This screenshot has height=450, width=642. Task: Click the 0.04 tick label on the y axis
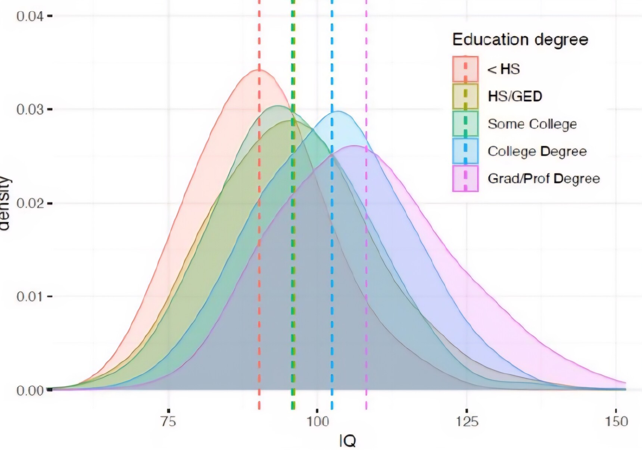click(x=30, y=16)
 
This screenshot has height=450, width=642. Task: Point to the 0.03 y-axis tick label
click(x=30, y=110)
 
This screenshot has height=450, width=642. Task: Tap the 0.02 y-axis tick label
click(x=30, y=203)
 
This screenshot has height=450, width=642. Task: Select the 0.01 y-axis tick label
click(x=30, y=297)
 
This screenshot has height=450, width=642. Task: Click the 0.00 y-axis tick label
click(x=30, y=390)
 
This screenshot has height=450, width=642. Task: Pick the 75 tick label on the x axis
click(x=168, y=422)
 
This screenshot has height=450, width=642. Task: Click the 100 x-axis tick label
click(x=318, y=422)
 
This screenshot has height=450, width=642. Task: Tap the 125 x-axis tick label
click(x=467, y=422)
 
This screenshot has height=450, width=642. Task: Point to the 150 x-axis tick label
click(x=617, y=422)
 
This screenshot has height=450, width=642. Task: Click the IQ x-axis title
click(x=348, y=441)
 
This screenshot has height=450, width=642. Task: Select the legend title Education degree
click(x=520, y=40)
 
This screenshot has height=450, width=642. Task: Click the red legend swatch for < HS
click(x=465, y=69)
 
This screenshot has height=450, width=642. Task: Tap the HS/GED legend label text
click(x=515, y=96)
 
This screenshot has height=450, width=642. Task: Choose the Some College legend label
click(x=532, y=124)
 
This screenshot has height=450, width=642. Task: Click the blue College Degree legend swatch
click(x=465, y=151)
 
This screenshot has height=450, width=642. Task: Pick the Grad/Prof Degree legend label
click(x=544, y=178)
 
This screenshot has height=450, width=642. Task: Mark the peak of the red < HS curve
click(x=259, y=70)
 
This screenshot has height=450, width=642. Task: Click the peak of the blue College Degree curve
click(x=338, y=111)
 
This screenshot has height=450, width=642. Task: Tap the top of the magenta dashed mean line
click(x=366, y=1)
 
